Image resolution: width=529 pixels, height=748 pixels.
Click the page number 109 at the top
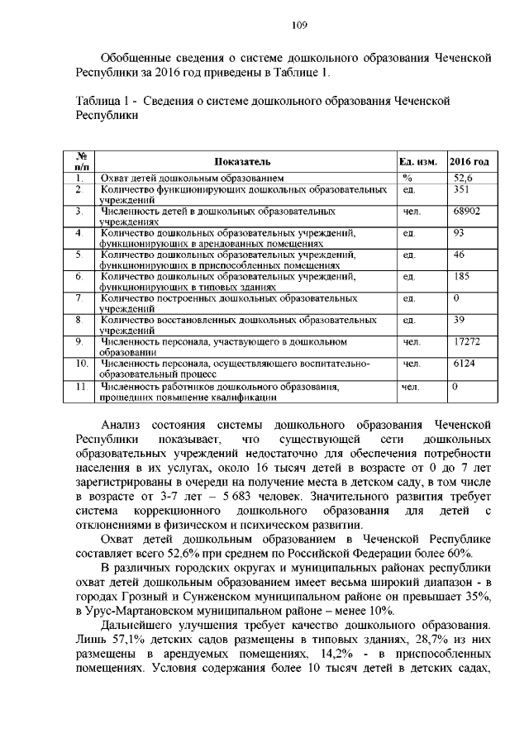pyautogui.click(x=299, y=26)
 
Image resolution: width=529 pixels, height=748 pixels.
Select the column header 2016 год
pyautogui.click(x=469, y=161)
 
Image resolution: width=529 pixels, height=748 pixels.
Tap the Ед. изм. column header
pyautogui.click(x=421, y=161)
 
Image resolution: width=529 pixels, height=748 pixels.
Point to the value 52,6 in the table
pyautogui.click(x=462, y=178)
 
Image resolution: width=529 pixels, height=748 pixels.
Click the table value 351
pyautogui.click(x=461, y=189)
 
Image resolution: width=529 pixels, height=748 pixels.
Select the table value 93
pyautogui.click(x=459, y=233)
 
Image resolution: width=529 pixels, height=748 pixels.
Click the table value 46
pyautogui.click(x=459, y=255)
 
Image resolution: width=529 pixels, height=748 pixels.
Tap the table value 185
pyautogui.click(x=461, y=276)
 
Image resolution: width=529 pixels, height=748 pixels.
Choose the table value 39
pyautogui.click(x=459, y=319)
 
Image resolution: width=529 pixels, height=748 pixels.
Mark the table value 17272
pyautogui.click(x=466, y=341)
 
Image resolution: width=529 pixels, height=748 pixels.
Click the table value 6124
pyautogui.click(x=464, y=362)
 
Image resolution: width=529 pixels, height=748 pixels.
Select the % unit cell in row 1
pyautogui.click(x=407, y=178)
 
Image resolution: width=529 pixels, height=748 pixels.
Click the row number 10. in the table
pyautogui.click(x=82, y=362)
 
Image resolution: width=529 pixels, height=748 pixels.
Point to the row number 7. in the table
pyautogui.click(x=79, y=298)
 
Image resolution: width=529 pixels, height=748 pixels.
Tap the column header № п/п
pyautogui.click(x=81, y=161)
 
